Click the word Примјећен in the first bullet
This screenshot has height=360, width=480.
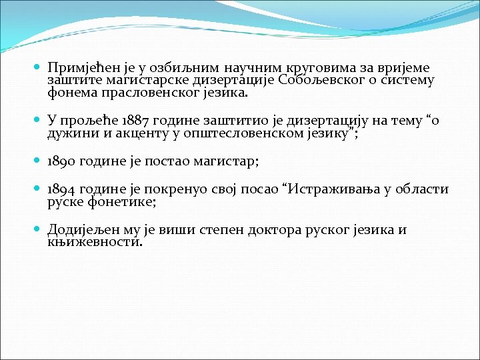click(x=78, y=68)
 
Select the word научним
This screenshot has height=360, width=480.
click(x=253, y=68)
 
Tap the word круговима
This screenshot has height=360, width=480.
click(x=315, y=68)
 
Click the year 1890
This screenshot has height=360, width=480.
click(x=61, y=162)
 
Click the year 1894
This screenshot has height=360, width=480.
click(x=61, y=189)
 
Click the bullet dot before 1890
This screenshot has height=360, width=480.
click(x=37, y=162)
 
